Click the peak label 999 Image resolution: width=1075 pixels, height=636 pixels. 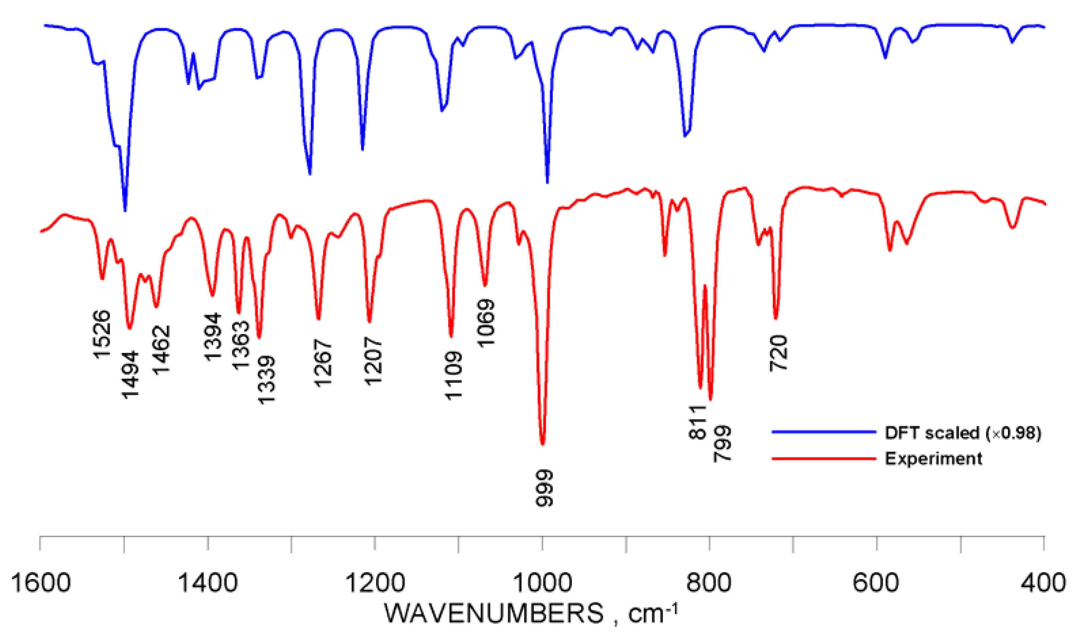(x=545, y=488)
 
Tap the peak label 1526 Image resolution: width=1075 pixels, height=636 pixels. (x=102, y=334)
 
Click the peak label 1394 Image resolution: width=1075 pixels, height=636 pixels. (x=213, y=337)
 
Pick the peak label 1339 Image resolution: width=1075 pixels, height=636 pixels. (x=266, y=380)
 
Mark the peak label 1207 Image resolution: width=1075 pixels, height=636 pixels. (x=373, y=361)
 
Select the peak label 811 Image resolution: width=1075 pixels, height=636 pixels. (x=698, y=422)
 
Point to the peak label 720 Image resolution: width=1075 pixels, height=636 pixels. (x=779, y=353)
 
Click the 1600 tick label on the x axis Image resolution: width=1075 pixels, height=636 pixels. (x=41, y=584)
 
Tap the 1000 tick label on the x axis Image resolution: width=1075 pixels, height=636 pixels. (x=543, y=584)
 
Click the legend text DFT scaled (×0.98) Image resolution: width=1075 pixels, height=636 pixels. (x=963, y=433)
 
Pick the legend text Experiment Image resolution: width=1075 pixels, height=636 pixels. (x=933, y=458)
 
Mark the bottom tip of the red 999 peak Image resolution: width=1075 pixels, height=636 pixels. (x=543, y=445)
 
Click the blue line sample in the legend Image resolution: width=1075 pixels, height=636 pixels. (x=823, y=432)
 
